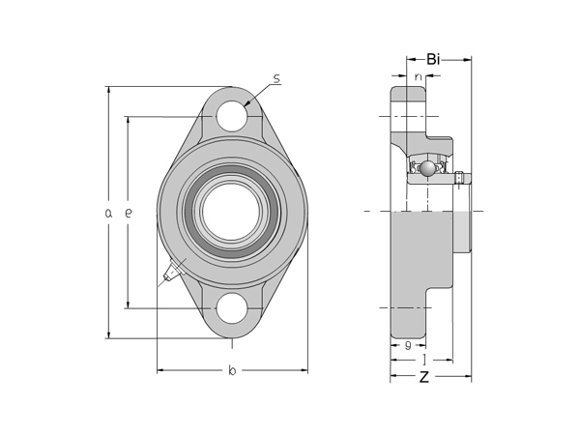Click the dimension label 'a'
109,213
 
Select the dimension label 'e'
128,213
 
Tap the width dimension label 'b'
232,370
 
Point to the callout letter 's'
276,79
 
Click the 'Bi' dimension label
433,59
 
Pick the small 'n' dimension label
418,76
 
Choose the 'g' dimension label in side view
409,344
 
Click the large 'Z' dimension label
423,377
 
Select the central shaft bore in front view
232,212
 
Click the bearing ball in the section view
427,170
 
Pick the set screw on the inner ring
461,177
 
